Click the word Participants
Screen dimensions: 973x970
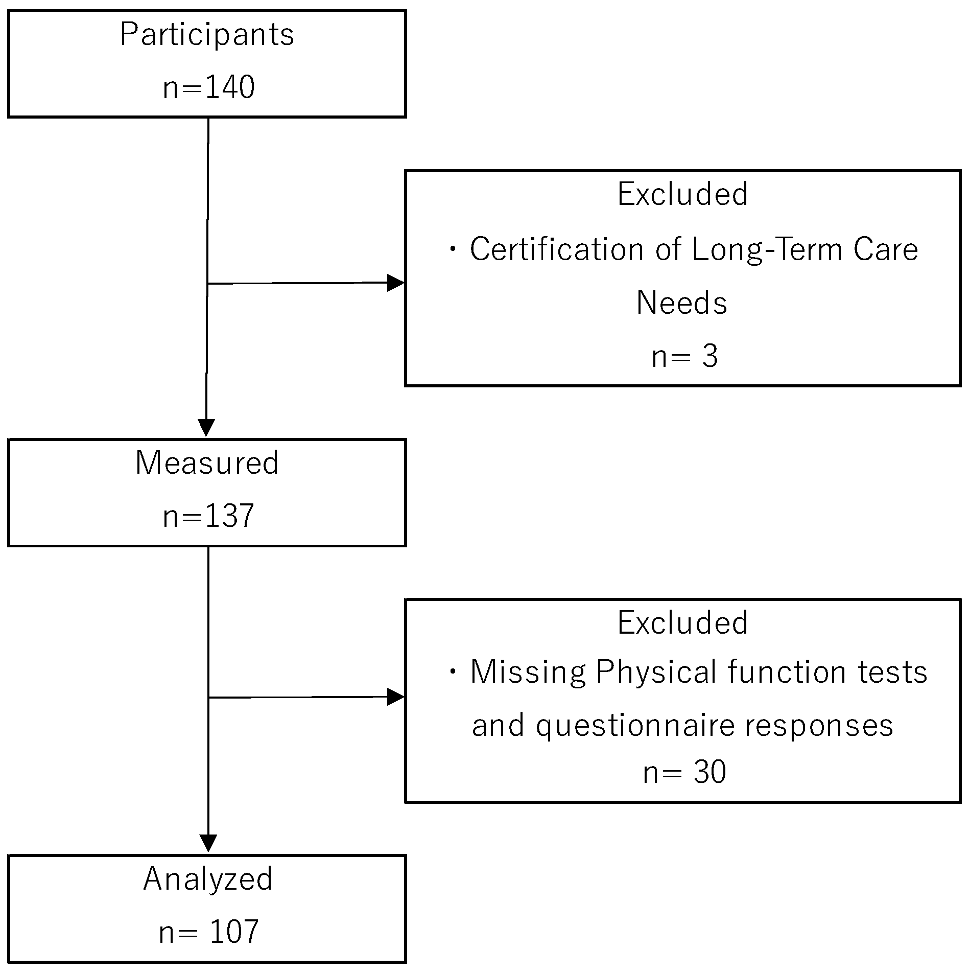pos(207,35)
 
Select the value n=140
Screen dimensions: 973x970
pos(208,87)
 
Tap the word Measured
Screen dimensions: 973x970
pos(207,462)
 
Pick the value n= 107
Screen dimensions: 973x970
pos(208,932)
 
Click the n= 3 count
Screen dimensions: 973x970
pos(684,356)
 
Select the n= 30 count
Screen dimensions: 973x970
pos(684,772)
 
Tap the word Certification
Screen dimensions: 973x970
pos(556,250)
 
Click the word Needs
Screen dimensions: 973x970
pos(682,303)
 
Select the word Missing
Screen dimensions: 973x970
pos(528,671)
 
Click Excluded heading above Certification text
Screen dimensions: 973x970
pos(682,194)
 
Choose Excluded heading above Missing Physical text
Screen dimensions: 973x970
pos(682,622)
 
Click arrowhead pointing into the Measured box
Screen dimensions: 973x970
pos(206,427)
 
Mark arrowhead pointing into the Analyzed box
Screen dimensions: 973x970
pos(208,843)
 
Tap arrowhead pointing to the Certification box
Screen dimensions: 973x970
pos(396,283)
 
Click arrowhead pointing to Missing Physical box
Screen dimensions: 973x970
pos(396,697)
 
